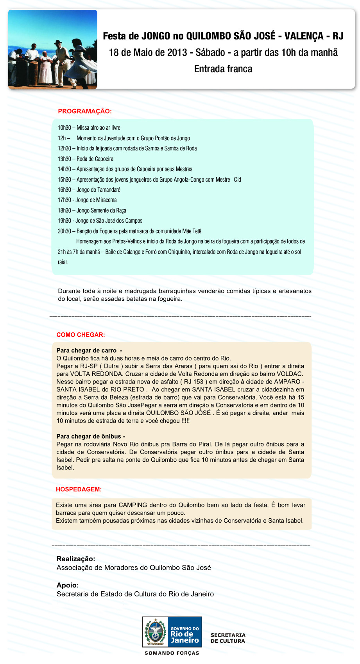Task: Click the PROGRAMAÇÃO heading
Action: click(x=85, y=111)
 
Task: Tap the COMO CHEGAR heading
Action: click(x=81, y=335)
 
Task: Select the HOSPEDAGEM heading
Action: click(x=79, y=489)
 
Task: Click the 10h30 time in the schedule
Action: click(x=64, y=128)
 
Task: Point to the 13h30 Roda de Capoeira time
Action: click(x=64, y=159)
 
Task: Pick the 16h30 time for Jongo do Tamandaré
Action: click(x=64, y=190)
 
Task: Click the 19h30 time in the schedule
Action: click(x=64, y=221)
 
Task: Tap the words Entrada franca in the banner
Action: click(x=223, y=69)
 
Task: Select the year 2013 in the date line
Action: click(x=177, y=53)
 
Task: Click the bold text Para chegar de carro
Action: click(x=86, y=350)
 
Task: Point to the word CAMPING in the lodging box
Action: click(x=133, y=505)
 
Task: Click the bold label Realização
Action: click(x=76, y=559)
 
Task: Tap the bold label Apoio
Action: click(x=68, y=585)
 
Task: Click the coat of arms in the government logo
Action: click(x=155, y=632)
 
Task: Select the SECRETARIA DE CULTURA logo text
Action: click(x=228, y=638)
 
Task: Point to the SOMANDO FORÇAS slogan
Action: click(x=172, y=653)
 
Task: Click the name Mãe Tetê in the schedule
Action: click(x=192, y=231)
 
